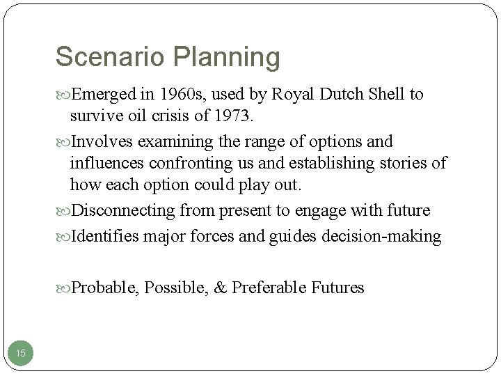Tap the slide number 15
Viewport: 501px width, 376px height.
point(21,354)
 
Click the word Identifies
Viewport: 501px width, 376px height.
point(107,236)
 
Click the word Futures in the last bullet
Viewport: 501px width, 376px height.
point(337,288)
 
